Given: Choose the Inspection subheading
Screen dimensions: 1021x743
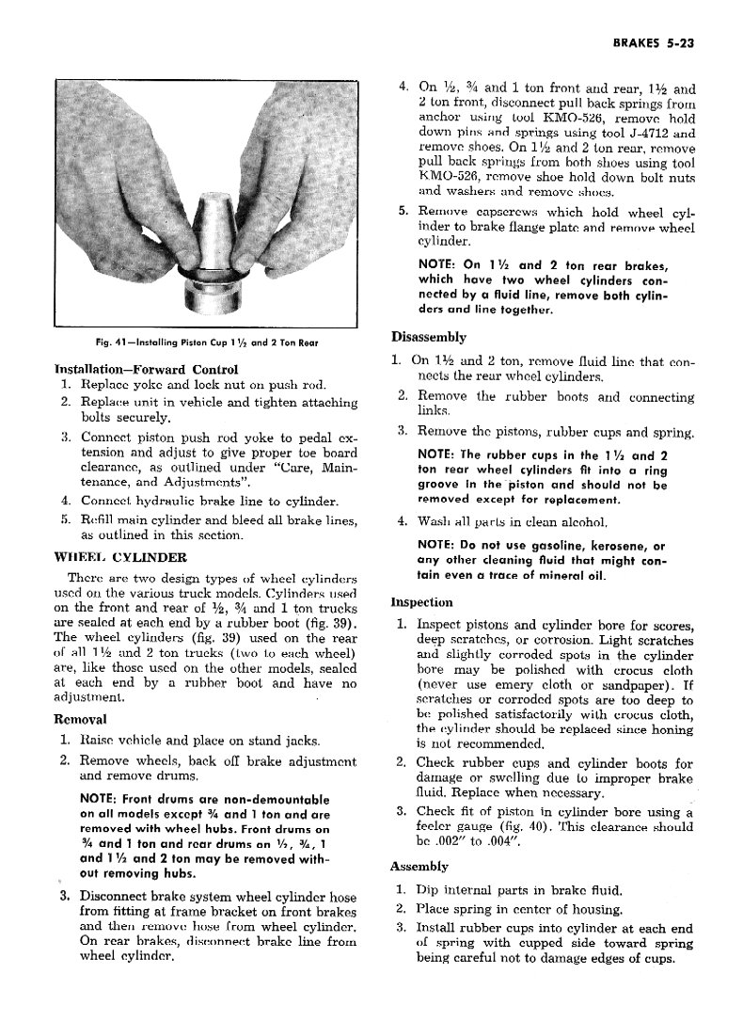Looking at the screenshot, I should pos(422,601).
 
